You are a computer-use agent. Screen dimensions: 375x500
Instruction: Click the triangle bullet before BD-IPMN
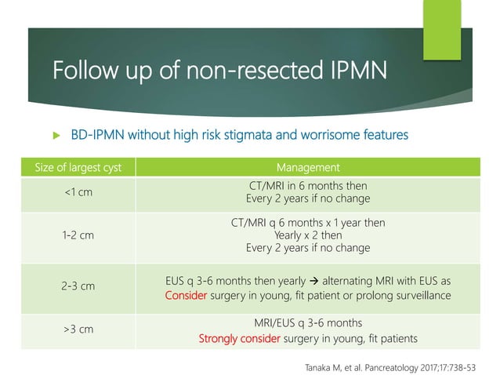[x=55, y=135]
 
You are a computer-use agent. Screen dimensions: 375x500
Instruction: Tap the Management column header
[x=308, y=167]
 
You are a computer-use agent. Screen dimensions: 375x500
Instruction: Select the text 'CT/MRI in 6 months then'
[x=308, y=185]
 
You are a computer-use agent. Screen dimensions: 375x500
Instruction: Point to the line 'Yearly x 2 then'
[x=308, y=235]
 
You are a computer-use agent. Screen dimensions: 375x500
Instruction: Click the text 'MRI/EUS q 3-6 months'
[x=308, y=322]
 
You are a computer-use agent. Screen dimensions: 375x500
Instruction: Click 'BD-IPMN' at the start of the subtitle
[x=96, y=135]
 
